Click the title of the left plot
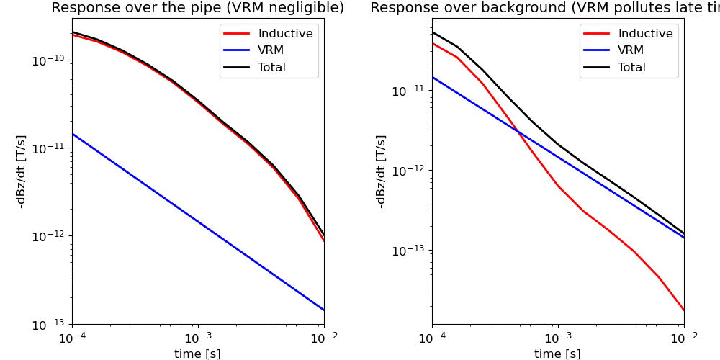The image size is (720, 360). pyautogui.click(x=197, y=8)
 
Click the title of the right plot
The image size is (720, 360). pyautogui.click(x=544, y=8)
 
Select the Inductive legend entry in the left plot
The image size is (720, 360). pyautogui.click(x=285, y=34)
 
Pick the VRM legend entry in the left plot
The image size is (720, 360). pyautogui.click(x=271, y=50)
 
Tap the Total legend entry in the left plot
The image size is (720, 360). pyautogui.click(x=271, y=68)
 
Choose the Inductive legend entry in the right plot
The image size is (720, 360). pyautogui.click(x=645, y=34)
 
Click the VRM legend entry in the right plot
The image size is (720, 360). pyautogui.click(x=631, y=50)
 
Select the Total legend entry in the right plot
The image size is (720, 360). pyautogui.click(x=631, y=68)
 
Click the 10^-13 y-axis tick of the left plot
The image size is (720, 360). pyautogui.click(x=50, y=324)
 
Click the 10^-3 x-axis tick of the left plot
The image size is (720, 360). pyautogui.click(x=198, y=338)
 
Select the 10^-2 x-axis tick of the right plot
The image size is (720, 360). pyautogui.click(x=684, y=338)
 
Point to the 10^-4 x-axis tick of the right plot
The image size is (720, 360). pyautogui.click(x=432, y=338)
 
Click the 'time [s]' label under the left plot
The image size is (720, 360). pyautogui.click(x=197, y=354)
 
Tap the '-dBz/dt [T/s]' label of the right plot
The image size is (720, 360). pyautogui.click(x=381, y=171)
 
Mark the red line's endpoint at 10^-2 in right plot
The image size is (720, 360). pyautogui.click(x=684, y=310)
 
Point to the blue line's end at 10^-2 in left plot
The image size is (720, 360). pyautogui.click(x=324, y=310)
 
